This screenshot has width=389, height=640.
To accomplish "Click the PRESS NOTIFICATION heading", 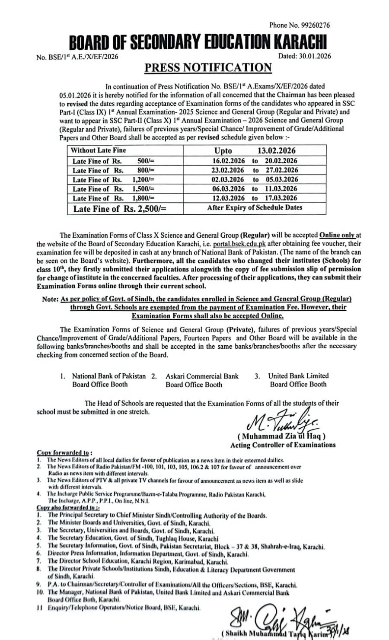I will point(208,68).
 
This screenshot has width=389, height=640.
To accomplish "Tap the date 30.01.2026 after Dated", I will point(314,56).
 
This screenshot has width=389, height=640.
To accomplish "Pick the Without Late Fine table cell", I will point(99,150).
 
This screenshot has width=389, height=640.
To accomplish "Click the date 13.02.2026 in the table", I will point(277,151).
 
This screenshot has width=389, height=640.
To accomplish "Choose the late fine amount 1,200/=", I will point(143,180).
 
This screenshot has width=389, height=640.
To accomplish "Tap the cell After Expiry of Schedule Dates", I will point(255,207).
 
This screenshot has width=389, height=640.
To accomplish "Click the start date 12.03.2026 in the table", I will point(228,198).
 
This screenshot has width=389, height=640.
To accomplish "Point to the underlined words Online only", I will point(337,236).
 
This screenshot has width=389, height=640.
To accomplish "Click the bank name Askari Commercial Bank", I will point(202,376).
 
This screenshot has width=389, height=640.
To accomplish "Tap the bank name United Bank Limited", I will point(298,376).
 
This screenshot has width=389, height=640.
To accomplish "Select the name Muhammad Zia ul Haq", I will point(284,436).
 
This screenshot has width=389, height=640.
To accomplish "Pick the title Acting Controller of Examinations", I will point(283,445).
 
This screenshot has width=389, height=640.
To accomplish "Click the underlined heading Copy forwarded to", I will point(63,453).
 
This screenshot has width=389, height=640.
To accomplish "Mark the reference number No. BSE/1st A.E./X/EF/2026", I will point(78,56).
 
